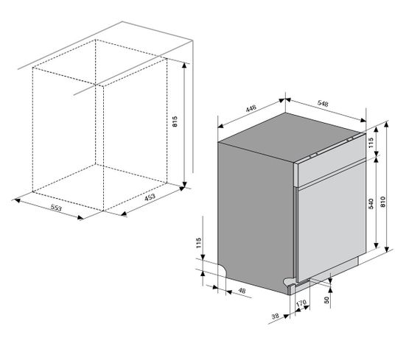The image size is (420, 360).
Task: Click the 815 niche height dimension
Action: pyautogui.click(x=175, y=121)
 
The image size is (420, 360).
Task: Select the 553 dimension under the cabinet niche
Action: pyautogui.click(x=56, y=208)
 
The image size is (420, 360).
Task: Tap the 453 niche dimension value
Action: pyautogui.click(x=150, y=197)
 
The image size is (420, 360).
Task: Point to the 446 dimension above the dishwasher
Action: pyautogui.click(x=251, y=108)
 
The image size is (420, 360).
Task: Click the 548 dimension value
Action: pyautogui.click(x=323, y=103)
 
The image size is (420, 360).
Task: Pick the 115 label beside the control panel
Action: pyautogui.click(x=371, y=143)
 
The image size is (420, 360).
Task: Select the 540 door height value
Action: pyautogui.click(x=371, y=204)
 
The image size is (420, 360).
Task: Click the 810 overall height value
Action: pyautogui.click(x=382, y=202)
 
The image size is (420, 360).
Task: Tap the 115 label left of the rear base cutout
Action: pyautogui.click(x=198, y=243)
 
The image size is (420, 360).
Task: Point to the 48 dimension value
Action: pyautogui.click(x=242, y=290)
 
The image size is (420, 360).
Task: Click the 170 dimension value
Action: pyautogui.click(x=301, y=303)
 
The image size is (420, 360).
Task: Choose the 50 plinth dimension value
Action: pyautogui.click(x=326, y=300)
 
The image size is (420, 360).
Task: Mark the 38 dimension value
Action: pyautogui.click(x=276, y=317)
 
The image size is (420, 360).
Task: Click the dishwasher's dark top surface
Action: pyautogui.click(x=292, y=137)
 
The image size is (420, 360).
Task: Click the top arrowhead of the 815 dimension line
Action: pyautogui.click(x=184, y=66)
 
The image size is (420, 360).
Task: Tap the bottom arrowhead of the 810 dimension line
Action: pyautogui.click(x=387, y=249)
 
